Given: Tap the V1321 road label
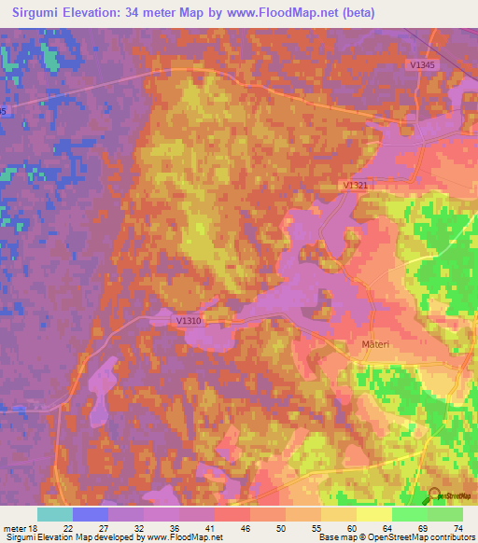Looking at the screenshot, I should [356, 186].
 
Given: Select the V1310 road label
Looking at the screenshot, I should [189, 320].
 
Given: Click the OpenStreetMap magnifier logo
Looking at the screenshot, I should [435, 497].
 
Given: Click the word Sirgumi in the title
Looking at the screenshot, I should [44, 12].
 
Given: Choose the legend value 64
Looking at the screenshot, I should [391, 527].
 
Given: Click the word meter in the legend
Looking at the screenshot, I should [16, 527].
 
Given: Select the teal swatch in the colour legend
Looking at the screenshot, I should [55, 514].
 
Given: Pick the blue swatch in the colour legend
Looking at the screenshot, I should [91, 514].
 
